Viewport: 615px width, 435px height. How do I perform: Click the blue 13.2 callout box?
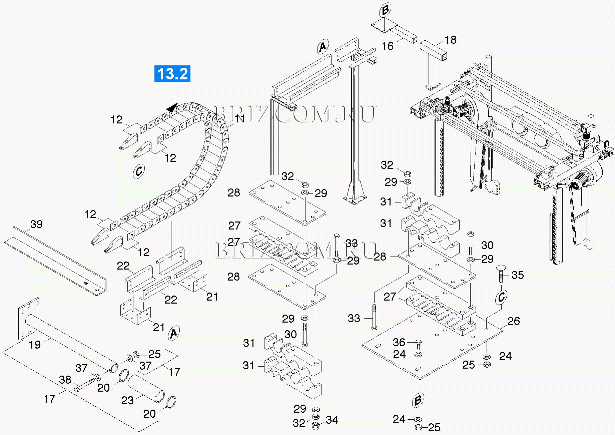[x=172, y=74]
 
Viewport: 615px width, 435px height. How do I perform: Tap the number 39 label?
[x=36, y=224]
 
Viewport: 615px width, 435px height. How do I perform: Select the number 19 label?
[x=35, y=344]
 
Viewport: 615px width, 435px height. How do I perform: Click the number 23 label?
[x=127, y=400]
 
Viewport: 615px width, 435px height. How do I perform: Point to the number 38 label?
[x=65, y=380]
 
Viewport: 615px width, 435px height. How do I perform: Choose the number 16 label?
[x=387, y=46]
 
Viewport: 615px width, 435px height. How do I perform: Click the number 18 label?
[x=450, y=40]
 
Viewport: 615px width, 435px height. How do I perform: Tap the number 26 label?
[x=513, y=321]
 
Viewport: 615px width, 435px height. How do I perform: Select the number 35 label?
[x=517, y=275]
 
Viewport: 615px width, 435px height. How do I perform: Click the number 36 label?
[x=399, y=342]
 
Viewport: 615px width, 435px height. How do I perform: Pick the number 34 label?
[x=332, y=420]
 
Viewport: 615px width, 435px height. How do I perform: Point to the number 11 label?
[x=240, y=119]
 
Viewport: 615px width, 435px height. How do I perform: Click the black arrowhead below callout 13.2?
[x=172, y=108]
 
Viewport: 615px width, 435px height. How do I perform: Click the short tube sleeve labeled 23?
[x=146, y=388]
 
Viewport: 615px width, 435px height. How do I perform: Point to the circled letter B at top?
[x=385, y=10]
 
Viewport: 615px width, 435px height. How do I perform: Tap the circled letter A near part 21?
[x=174, y=333]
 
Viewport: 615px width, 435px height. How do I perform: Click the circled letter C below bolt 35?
[x=501, y=297]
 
